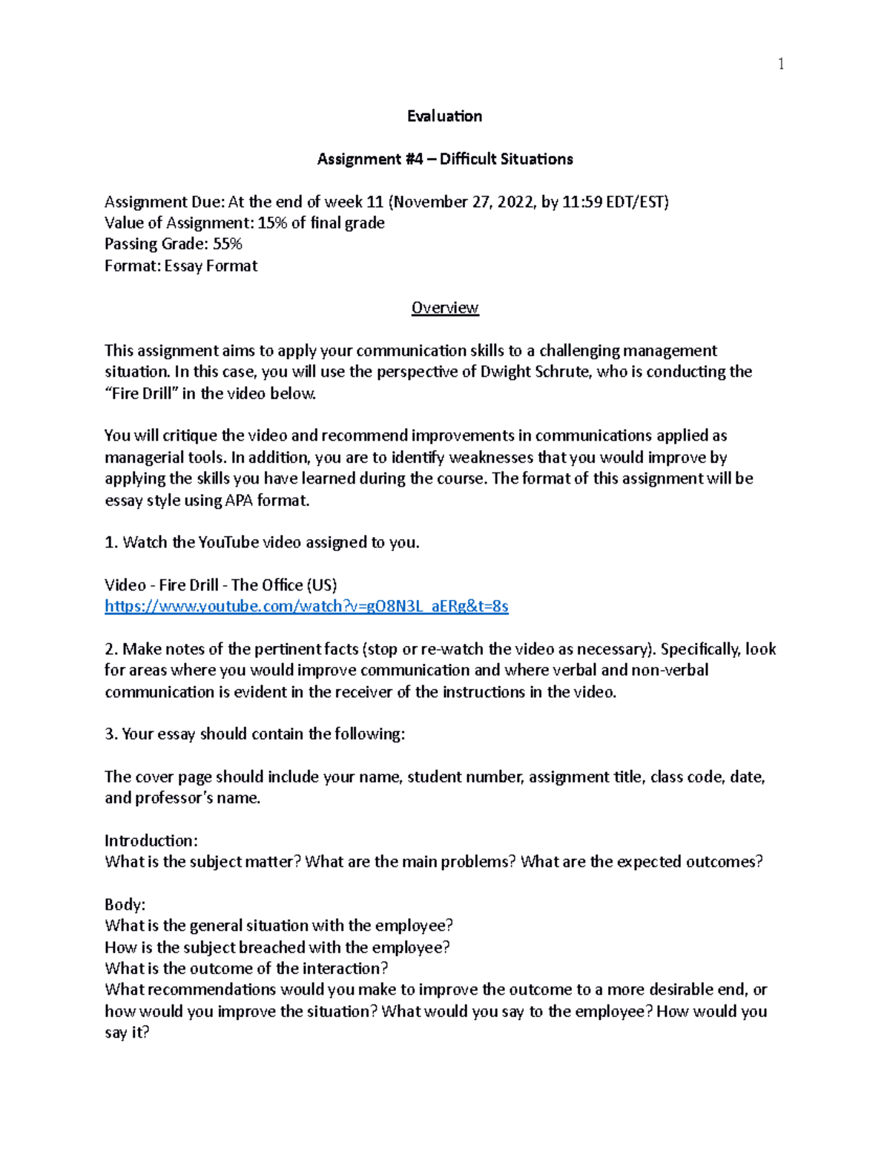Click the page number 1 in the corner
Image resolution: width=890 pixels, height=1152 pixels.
[780, 64]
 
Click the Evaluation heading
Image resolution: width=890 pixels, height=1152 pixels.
[445, 116]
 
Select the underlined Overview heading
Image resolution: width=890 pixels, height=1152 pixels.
[445, 308]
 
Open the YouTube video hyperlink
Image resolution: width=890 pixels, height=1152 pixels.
[306, 606]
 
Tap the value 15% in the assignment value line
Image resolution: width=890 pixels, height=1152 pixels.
[272, 223]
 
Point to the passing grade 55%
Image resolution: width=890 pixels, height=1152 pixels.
[227, 244]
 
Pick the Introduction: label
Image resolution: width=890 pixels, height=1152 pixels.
[151, 840]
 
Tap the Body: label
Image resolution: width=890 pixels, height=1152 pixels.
[125, 904]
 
